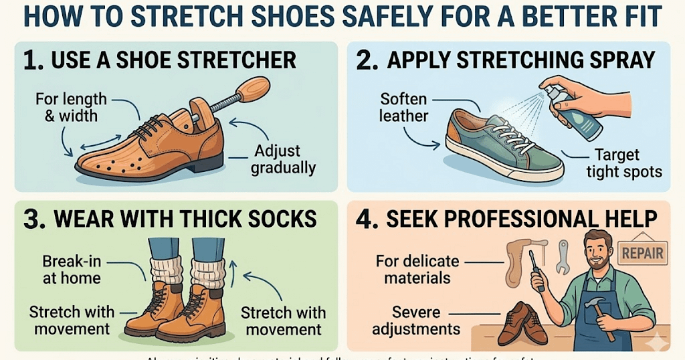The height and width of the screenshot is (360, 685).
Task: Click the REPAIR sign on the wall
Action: click(x=643, y=253)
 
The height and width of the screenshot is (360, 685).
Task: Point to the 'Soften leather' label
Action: click(x=403, y=107)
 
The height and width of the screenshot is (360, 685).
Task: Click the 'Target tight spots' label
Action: click(x=623, y=163)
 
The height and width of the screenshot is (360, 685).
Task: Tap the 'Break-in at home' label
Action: click(x=72, y=269)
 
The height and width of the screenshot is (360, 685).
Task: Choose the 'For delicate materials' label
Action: click(x=418, y=269)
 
